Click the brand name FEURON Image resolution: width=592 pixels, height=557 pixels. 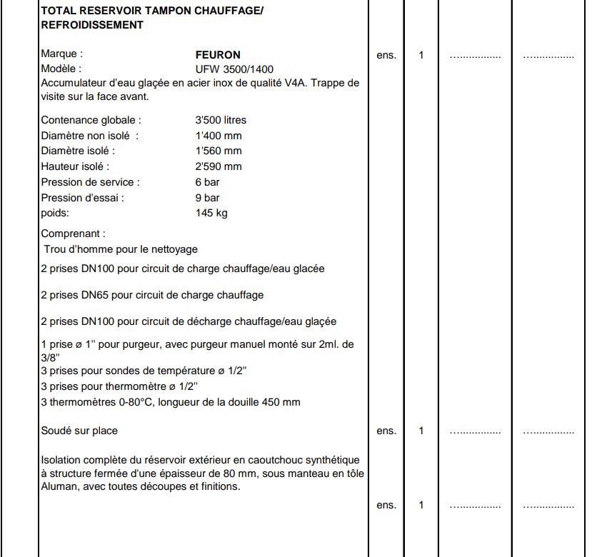218,54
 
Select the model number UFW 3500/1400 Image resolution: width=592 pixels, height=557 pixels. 234,69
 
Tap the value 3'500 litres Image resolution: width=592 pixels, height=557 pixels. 221,120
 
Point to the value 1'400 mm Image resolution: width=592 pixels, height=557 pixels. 219,136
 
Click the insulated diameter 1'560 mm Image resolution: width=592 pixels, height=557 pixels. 219,151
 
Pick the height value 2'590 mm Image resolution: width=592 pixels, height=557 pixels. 219,166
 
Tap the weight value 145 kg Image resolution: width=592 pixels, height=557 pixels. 211,214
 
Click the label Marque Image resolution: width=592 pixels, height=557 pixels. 61,54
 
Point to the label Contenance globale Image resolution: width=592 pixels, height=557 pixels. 91,120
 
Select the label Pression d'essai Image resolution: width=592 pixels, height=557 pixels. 82,198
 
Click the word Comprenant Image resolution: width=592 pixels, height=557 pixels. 73,234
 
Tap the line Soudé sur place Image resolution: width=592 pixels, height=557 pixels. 79,431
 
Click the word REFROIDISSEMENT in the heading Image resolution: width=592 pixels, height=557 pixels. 92,25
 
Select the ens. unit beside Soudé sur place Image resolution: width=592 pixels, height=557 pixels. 386,431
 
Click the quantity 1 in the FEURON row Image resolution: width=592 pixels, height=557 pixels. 421,55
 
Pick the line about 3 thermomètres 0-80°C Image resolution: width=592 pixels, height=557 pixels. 171,402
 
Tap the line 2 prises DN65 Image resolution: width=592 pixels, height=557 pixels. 152,295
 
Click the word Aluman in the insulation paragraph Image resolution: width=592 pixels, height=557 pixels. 59,487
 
